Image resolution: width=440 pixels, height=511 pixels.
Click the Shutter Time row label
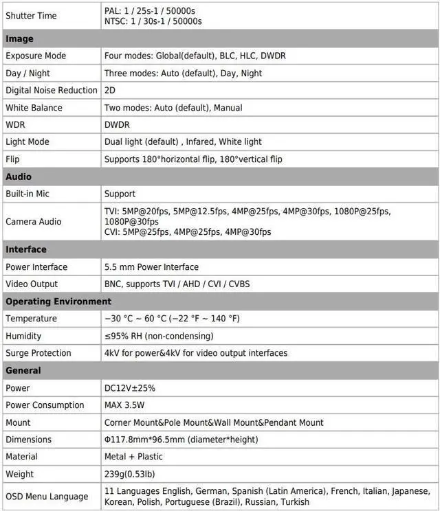tap(31, 16)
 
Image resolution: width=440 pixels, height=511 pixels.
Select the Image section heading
tap(19, 39)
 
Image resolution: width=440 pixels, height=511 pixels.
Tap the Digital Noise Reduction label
tap(52, 90)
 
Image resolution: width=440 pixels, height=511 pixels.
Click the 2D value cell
tap(110, 90)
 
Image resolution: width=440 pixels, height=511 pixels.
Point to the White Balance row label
tap(34, 108)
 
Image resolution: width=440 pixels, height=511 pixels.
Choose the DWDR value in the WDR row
tap(117, 125)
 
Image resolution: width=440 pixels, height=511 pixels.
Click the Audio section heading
tap(19, 177)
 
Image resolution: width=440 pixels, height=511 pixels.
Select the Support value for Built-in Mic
tap(120, 194)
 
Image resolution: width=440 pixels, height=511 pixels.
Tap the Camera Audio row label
tap(33, 221)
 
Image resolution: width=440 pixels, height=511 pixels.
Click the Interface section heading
tap(25, 249)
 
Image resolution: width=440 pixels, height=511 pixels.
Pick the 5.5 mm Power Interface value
tap(151, 267)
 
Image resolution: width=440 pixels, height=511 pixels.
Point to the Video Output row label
tap(32, 284)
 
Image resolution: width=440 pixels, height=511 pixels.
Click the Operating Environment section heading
tap(58, 302)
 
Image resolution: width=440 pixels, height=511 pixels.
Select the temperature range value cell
tap(172, 319)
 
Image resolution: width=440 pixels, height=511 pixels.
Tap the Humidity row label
tap(23, 336)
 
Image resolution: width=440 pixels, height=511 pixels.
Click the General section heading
tap(23, 370)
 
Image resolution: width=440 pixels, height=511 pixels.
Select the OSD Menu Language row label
tap(47, 497)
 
